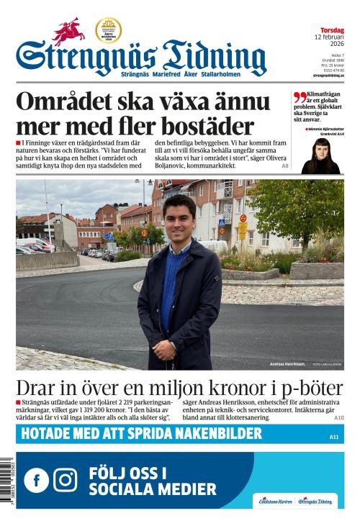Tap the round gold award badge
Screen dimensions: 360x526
coord(108,30)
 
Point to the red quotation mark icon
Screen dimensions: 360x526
coord(300,97)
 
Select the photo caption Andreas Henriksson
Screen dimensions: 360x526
coord(287,364)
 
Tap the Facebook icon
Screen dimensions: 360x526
coord(37,479)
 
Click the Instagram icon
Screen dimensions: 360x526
coord(66,479)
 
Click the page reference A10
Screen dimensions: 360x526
coord(338,417)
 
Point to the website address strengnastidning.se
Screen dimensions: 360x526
coord(328,75)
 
